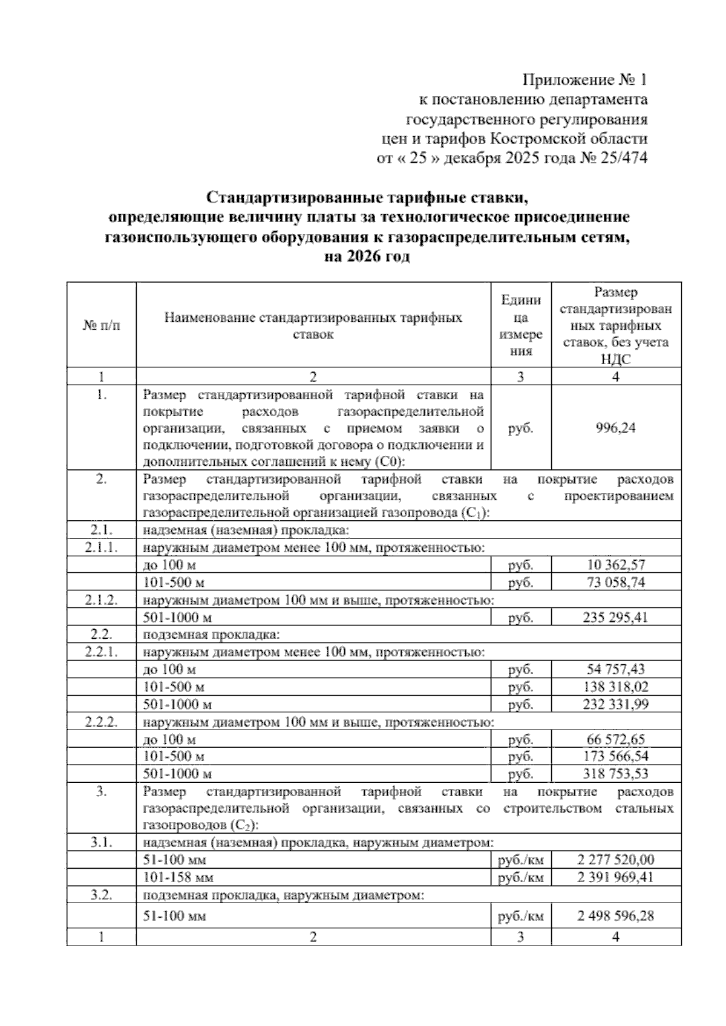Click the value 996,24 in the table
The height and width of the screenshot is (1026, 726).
point(616,428)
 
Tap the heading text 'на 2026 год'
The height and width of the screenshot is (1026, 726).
point(367,256)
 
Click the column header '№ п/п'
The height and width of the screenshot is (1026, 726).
point(101,325)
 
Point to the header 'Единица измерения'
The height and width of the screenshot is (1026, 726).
point(520,325)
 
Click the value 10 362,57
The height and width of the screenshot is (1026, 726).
point(616,566)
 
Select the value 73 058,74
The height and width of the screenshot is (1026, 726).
point(616,583)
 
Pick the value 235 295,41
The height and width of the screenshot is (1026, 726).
point(616,618)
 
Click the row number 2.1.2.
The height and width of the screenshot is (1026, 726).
point(101,601)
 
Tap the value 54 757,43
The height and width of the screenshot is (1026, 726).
point(616,670)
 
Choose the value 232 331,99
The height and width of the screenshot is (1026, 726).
point(616,704)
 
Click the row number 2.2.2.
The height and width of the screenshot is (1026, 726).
point(101,722)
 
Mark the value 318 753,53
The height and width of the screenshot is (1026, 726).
point(616,774)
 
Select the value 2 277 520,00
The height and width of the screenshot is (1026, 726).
point(616,860)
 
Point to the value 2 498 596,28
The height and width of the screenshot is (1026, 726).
point(616,917)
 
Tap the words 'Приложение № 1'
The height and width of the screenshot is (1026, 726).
point(584,80)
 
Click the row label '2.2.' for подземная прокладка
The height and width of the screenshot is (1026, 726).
point(101,635)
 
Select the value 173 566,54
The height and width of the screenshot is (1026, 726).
point(616,757)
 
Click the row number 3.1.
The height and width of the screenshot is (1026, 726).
point(101,843)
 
